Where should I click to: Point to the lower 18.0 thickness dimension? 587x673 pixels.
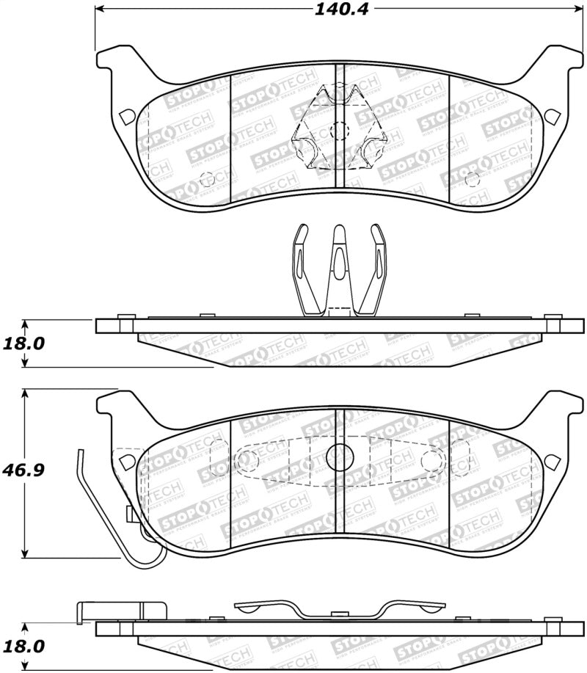pos(23,647)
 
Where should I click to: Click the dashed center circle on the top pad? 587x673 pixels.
pos(339,131)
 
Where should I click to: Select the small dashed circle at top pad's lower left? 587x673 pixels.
pos(206,177)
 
